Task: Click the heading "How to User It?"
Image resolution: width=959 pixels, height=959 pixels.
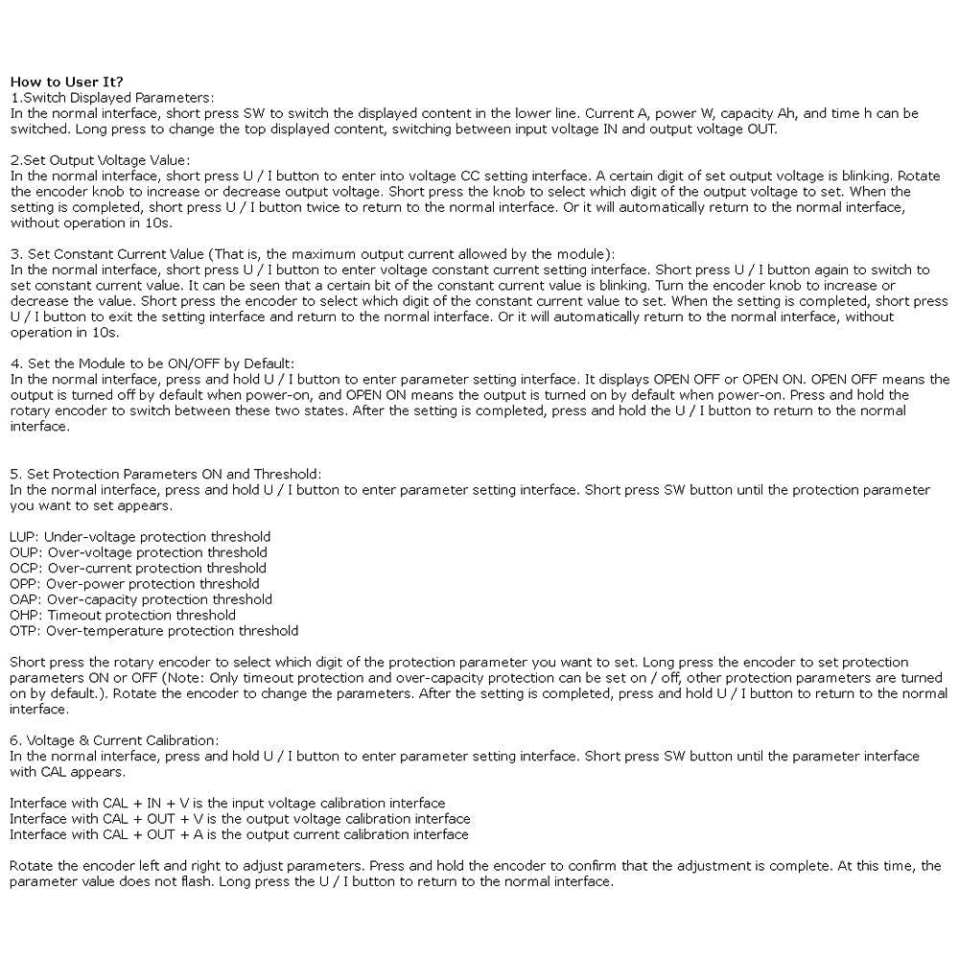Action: coord(66,82)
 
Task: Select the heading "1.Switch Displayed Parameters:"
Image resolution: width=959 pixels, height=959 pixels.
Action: coord(112,98)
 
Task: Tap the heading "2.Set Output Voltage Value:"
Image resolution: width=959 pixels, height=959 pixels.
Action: coord(100,160)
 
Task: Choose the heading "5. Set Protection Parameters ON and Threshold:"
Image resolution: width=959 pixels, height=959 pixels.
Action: coord(165,474)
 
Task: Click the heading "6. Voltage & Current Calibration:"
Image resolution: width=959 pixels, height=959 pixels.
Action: coord(114,740)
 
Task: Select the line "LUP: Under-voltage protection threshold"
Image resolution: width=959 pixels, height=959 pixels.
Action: coord(140,537)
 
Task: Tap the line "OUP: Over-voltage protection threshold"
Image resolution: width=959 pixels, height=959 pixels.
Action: coord(138,552)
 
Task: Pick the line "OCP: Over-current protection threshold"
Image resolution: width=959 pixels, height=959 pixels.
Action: coord(138,568)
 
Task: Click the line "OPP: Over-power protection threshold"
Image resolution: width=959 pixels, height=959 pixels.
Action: coord(134,583)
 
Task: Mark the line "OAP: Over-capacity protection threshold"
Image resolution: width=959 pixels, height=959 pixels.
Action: coord(141,599)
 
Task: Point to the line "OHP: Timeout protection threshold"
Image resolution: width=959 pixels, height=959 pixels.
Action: coord(122,615)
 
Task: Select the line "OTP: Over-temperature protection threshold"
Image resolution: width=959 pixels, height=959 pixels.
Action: coord(153,631)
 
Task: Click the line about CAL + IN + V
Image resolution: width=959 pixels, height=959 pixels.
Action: coord(227,803)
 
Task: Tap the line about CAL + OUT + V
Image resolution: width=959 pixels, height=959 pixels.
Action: coord(240,819)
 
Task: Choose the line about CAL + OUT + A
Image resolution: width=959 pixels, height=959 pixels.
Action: coord(239,834)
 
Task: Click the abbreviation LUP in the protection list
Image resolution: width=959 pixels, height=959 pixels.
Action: coord(23,537)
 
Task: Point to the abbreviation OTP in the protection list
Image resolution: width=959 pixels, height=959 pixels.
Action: coord(24,631)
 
